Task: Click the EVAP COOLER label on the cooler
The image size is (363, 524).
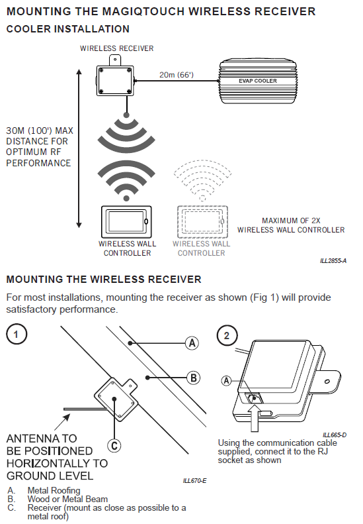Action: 258,81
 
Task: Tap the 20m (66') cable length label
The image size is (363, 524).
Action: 176,74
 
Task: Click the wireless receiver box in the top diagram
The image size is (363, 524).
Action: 115,81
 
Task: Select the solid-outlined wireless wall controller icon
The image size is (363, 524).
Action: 126,221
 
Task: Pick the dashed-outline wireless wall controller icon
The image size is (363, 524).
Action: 202,221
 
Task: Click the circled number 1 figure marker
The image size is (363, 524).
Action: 17,334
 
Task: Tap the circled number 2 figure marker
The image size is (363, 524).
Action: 227,335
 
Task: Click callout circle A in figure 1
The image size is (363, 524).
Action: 192,343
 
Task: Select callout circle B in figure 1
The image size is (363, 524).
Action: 193,378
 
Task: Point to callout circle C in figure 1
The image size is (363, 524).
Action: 114,445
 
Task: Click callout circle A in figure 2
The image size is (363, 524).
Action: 227,380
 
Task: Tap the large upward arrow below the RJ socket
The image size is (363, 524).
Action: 255,417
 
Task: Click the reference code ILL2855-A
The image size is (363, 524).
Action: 333,260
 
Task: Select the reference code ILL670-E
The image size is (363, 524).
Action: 194,480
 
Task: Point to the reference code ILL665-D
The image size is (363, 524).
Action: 335,435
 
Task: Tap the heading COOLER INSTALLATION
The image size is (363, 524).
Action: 67,29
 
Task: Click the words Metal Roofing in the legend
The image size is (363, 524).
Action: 54,491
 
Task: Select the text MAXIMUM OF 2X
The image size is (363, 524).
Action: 291,221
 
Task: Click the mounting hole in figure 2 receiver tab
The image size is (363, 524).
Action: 327,382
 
